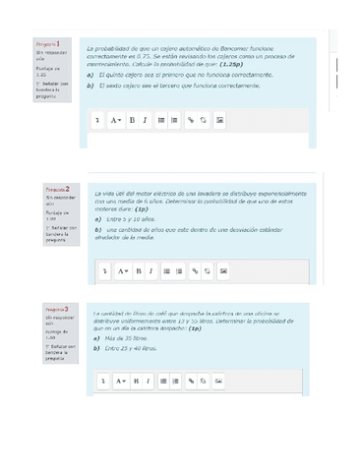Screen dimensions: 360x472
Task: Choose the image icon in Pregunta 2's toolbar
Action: (223, 270)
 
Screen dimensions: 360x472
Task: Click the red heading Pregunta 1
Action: (48, 44)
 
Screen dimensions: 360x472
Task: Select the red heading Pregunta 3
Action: (55, 309)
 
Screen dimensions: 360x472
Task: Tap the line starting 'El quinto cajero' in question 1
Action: (173, 75)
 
